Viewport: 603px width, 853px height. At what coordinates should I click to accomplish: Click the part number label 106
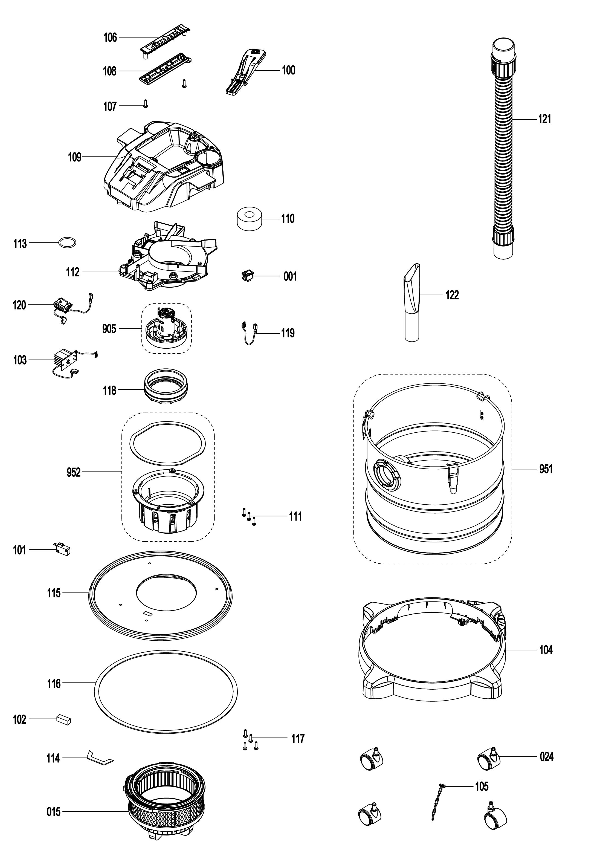coord(110,37)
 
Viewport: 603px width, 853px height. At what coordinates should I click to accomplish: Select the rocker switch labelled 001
coord(246,276)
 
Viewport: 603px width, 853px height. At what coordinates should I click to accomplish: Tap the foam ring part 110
coord(249,219)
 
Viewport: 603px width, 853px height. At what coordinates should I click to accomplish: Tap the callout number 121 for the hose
coord(544,119)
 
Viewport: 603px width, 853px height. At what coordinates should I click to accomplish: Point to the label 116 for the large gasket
coord(54,683)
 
